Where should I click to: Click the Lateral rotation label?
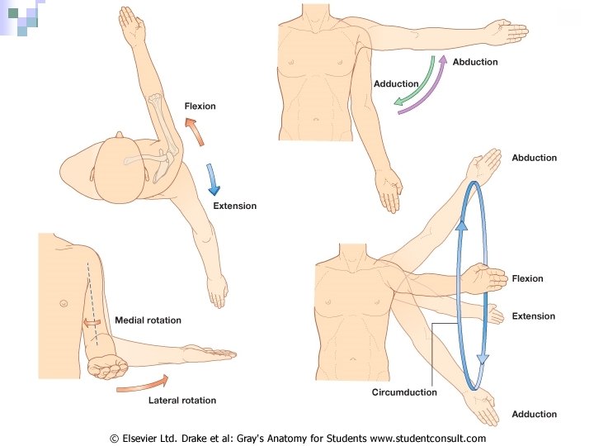[x=181, y=401]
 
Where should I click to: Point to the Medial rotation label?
[x=148, y=320]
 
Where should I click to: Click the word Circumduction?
[x=403, y=392]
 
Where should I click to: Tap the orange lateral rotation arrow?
[x=142, y=384]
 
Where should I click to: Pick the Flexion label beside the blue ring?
[x=527, y=278]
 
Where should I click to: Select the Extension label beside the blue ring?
[x=533, y=316]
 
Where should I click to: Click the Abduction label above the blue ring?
[x=534, y=158]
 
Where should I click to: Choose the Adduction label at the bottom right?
[x=534, y=415]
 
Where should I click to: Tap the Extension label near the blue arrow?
[x=234, y=206]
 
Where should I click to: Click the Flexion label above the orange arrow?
[x=200, y=106]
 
